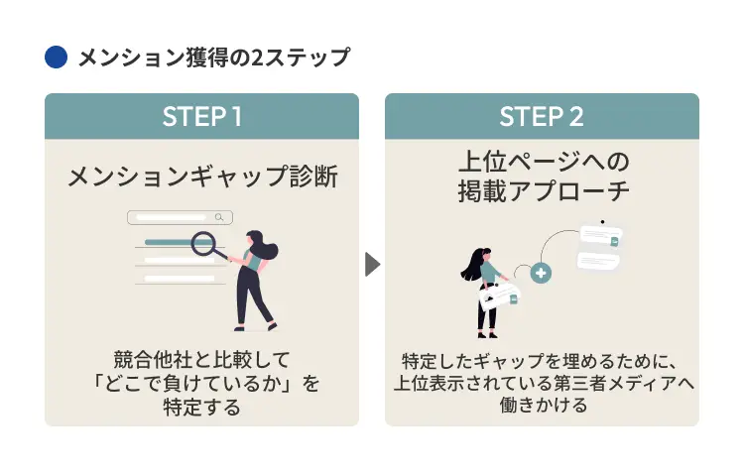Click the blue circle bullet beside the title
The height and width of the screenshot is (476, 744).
pyautogui.click(x=56, y=58)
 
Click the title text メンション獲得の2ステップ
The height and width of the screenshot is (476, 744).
pyautogui.click(x=213, y=58)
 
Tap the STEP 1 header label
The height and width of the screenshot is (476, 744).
pyautogui.click(x=201, y=117)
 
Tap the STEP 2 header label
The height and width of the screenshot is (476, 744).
pyautogui.click(x=542, y=117)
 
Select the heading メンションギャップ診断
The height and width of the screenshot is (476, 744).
pyautogui.click(x=201, y=178)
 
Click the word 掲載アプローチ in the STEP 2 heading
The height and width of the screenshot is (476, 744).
pyautogui.click(x=542, y=189)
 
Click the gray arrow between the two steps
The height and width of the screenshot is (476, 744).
pyautogui.click(x=372, y=265)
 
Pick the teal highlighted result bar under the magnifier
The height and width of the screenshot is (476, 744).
pyautogui.click(x=169, y=241)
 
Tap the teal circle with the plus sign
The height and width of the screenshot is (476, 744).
pyautogui.click(x=541, y=273)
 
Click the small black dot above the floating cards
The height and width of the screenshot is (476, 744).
pyautogui.click(x=600, y=221)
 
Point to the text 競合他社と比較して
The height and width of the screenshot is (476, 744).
pyautogui.click(x=201, y=358)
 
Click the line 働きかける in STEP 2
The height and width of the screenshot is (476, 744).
pyautogui.click(x=542, y=406)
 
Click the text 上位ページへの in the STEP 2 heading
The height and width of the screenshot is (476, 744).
pyautogui.click(x=542, y=161)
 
